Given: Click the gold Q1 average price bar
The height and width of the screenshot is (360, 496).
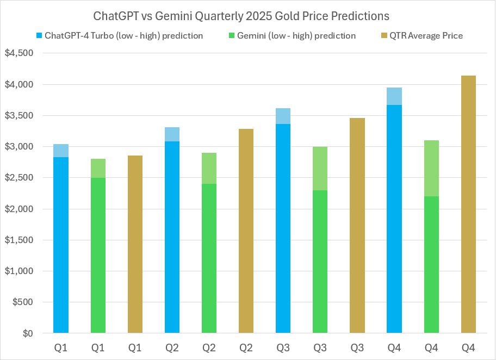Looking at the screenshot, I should click(135, 244).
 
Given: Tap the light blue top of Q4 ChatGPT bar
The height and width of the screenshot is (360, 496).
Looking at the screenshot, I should click(394, 96).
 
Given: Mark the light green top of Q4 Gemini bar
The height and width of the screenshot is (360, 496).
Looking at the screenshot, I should click(431, 168).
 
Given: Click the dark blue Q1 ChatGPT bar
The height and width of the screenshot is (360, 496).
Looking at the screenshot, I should click(61, 245).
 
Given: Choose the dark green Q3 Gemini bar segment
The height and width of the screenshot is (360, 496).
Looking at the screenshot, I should click(320, 261).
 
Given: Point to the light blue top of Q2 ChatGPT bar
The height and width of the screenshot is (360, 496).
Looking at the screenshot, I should click(172, 134).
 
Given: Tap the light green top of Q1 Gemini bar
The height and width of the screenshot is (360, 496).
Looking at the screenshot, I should click(98, 168).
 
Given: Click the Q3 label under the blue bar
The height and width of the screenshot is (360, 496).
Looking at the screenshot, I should click(283, 346).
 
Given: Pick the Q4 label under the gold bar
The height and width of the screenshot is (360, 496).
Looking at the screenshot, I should click(468, 346).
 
